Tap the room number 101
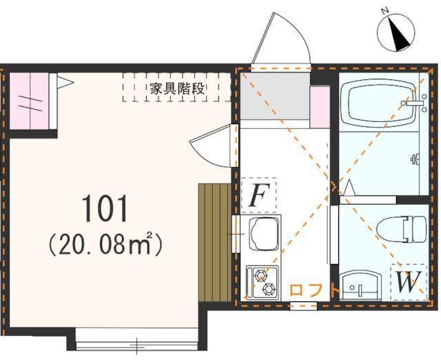(x=105, y=209)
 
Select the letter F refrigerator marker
(x=258, y=196)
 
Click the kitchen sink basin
(x=263, y=232)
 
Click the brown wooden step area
(x=213, y=242)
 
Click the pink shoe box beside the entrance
(x=320, y=107)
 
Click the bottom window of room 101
(x=138, y=342)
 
